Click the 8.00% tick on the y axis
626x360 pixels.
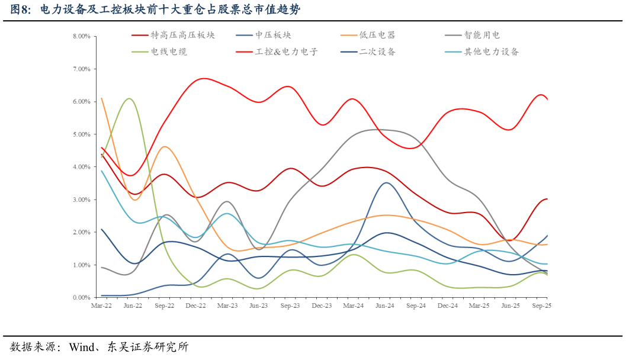pos(81,36)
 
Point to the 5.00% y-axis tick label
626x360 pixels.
pos(81,134)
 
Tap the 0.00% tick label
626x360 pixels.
pos(81,297)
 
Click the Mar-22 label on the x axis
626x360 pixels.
pos(101,306)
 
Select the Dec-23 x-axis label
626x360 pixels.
pos(322,306)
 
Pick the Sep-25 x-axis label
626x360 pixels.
pos(542,306)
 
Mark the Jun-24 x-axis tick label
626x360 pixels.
pos(385,306)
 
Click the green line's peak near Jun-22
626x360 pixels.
pos(129,99)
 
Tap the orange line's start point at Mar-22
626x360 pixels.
pos(102,98)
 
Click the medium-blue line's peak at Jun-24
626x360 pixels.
pos(386,183)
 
